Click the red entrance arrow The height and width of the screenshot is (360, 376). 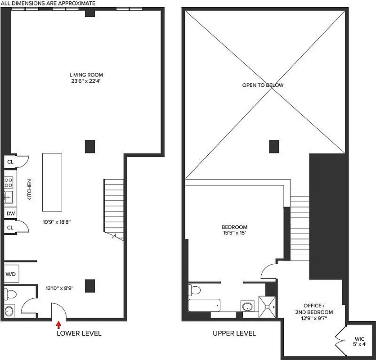(x=58, y=324)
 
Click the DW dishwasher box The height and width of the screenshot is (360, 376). (x=10, y=213)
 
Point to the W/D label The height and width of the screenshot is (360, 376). (x=10, y=274)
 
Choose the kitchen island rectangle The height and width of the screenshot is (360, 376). (x=52, y=182)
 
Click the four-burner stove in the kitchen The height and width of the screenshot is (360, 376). (x=9, y=182)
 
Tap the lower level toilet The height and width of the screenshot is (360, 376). (x=11, y=294)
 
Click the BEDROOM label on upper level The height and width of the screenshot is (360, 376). (x=234, y=227)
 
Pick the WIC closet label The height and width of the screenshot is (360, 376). (x=359, y=338)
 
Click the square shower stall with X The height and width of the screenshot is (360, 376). (x=269, y=306)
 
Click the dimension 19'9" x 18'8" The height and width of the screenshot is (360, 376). (x=57, y=222)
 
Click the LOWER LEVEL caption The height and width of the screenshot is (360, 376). (x=79, y=333)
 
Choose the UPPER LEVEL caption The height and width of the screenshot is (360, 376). (x=234, y=333)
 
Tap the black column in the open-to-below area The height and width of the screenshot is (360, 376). (x=274, y=146)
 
